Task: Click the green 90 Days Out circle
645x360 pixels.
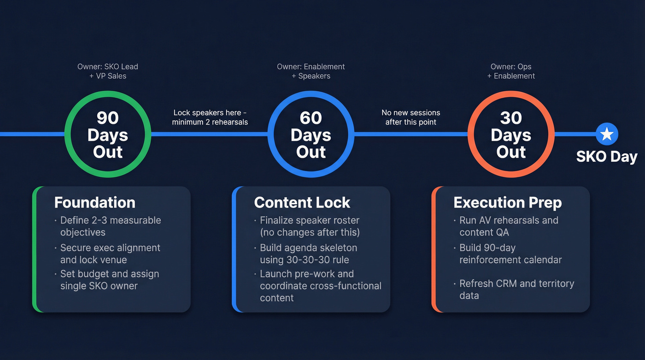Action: point(108,134)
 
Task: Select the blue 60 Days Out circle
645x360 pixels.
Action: point(311,134)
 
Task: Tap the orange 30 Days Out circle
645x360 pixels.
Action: point(511,134)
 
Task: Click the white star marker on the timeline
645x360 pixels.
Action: point(607,134)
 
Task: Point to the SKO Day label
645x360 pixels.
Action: point(607,157)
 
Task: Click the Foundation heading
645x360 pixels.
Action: point(94,202)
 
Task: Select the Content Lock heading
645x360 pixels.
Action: point(302,202)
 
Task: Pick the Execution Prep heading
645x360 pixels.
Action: point(507,202)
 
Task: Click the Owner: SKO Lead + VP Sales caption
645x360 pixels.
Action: point(108,71)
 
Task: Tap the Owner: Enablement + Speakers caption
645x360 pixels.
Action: point(311,71)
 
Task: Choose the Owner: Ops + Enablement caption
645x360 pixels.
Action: point(511,71)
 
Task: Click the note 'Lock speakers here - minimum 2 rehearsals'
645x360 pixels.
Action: point(210,118)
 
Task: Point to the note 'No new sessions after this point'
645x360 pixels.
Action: point(411,118)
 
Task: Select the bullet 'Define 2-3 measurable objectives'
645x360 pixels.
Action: point(110,226)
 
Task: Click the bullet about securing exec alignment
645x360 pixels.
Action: point(110,254)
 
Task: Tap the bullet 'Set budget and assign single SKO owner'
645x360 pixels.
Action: point(109,280)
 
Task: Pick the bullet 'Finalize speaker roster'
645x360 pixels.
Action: point(309,226)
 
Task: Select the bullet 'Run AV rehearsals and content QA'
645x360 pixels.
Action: point(509,226)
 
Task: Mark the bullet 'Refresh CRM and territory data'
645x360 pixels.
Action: point(516,289)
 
